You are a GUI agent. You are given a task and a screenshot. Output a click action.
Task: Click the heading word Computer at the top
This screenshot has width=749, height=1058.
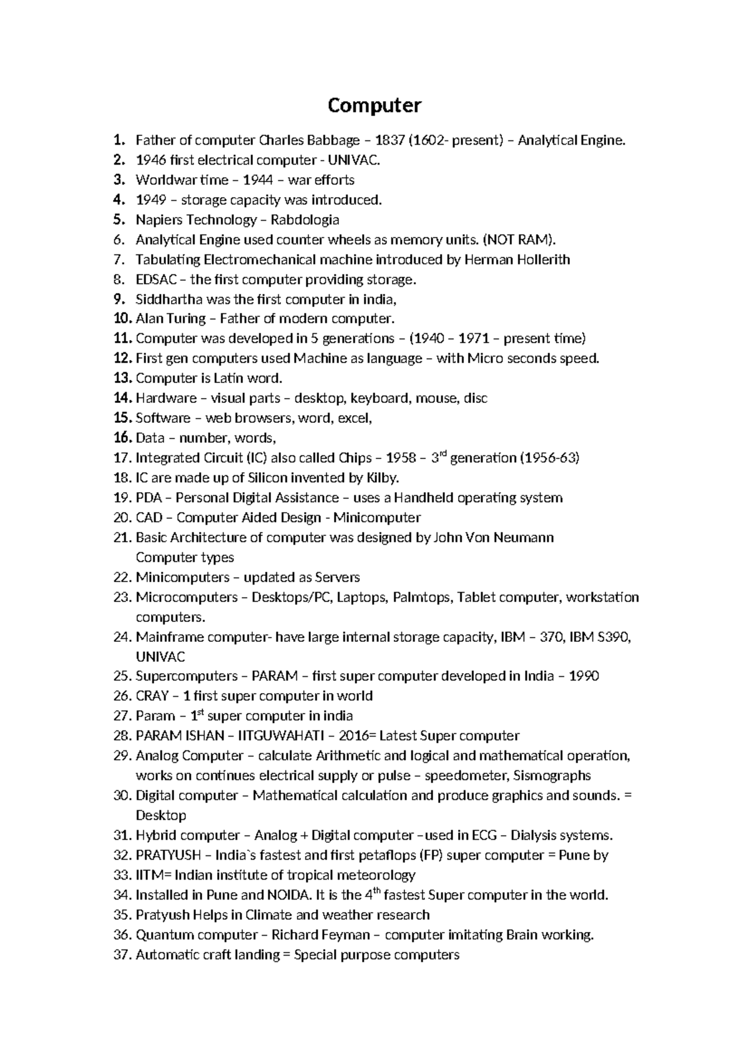374,105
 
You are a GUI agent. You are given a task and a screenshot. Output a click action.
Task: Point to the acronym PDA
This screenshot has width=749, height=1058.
149,498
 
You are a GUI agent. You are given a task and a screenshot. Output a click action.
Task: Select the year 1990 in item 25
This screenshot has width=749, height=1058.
584,676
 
